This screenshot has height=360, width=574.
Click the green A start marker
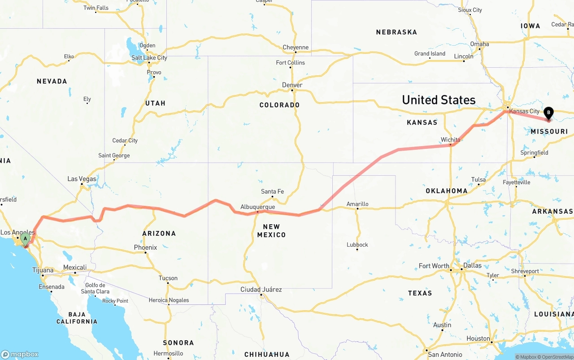pyautogui.click(x=25, y=238)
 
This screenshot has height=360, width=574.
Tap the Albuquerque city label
pyautogui.click(x=257, y=207)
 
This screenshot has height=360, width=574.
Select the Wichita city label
pyautogui.click(x=450, y=140)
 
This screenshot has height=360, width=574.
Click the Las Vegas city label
pyautogui.click(x=82, y=179)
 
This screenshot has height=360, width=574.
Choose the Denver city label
pyautogui.click(x=292, y=85)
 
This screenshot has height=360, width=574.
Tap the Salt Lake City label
pyautogui.click(x=149, y=58)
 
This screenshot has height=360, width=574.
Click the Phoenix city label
pyautogui.click(x=145, y=247)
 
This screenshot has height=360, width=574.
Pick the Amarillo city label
pyautogui.click(x=357, y=204)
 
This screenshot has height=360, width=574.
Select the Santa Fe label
pyautogui.click(x=272, y=191)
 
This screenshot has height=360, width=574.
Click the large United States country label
pyautogui.click(x=439, y=100)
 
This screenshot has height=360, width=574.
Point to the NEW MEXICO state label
pyautogui.click(x=272, y=230)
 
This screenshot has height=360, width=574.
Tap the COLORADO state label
pyautogui.click(x=279, y=105)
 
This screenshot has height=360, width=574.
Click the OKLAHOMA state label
pyautogui.click(x=447, y=191)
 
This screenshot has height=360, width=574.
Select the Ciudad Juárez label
pyautogui.click(x=261, y=290)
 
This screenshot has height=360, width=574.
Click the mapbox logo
pyautogui.click(x=20, y=354)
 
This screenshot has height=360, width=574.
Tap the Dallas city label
pyautogui.click(x=473, y=265)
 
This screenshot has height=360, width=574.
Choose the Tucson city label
pyautogui.click(x=168, y=278)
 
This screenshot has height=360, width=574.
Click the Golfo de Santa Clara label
pyautogui.click(x=95, y=288)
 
